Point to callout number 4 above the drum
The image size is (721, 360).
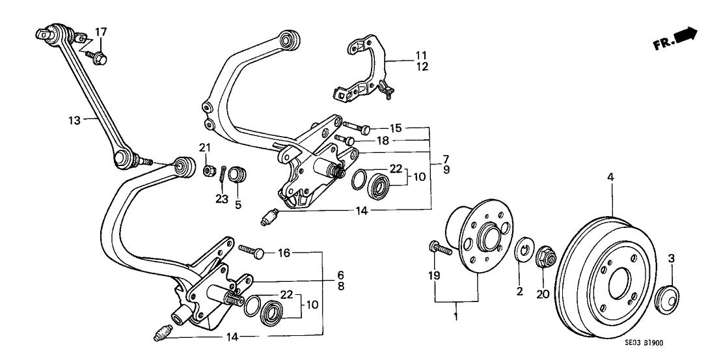click(610, 176)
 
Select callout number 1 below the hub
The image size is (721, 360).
click(456, 317)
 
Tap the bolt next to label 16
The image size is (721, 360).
click(251, 249)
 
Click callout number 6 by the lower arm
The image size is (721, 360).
click(340, 275)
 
